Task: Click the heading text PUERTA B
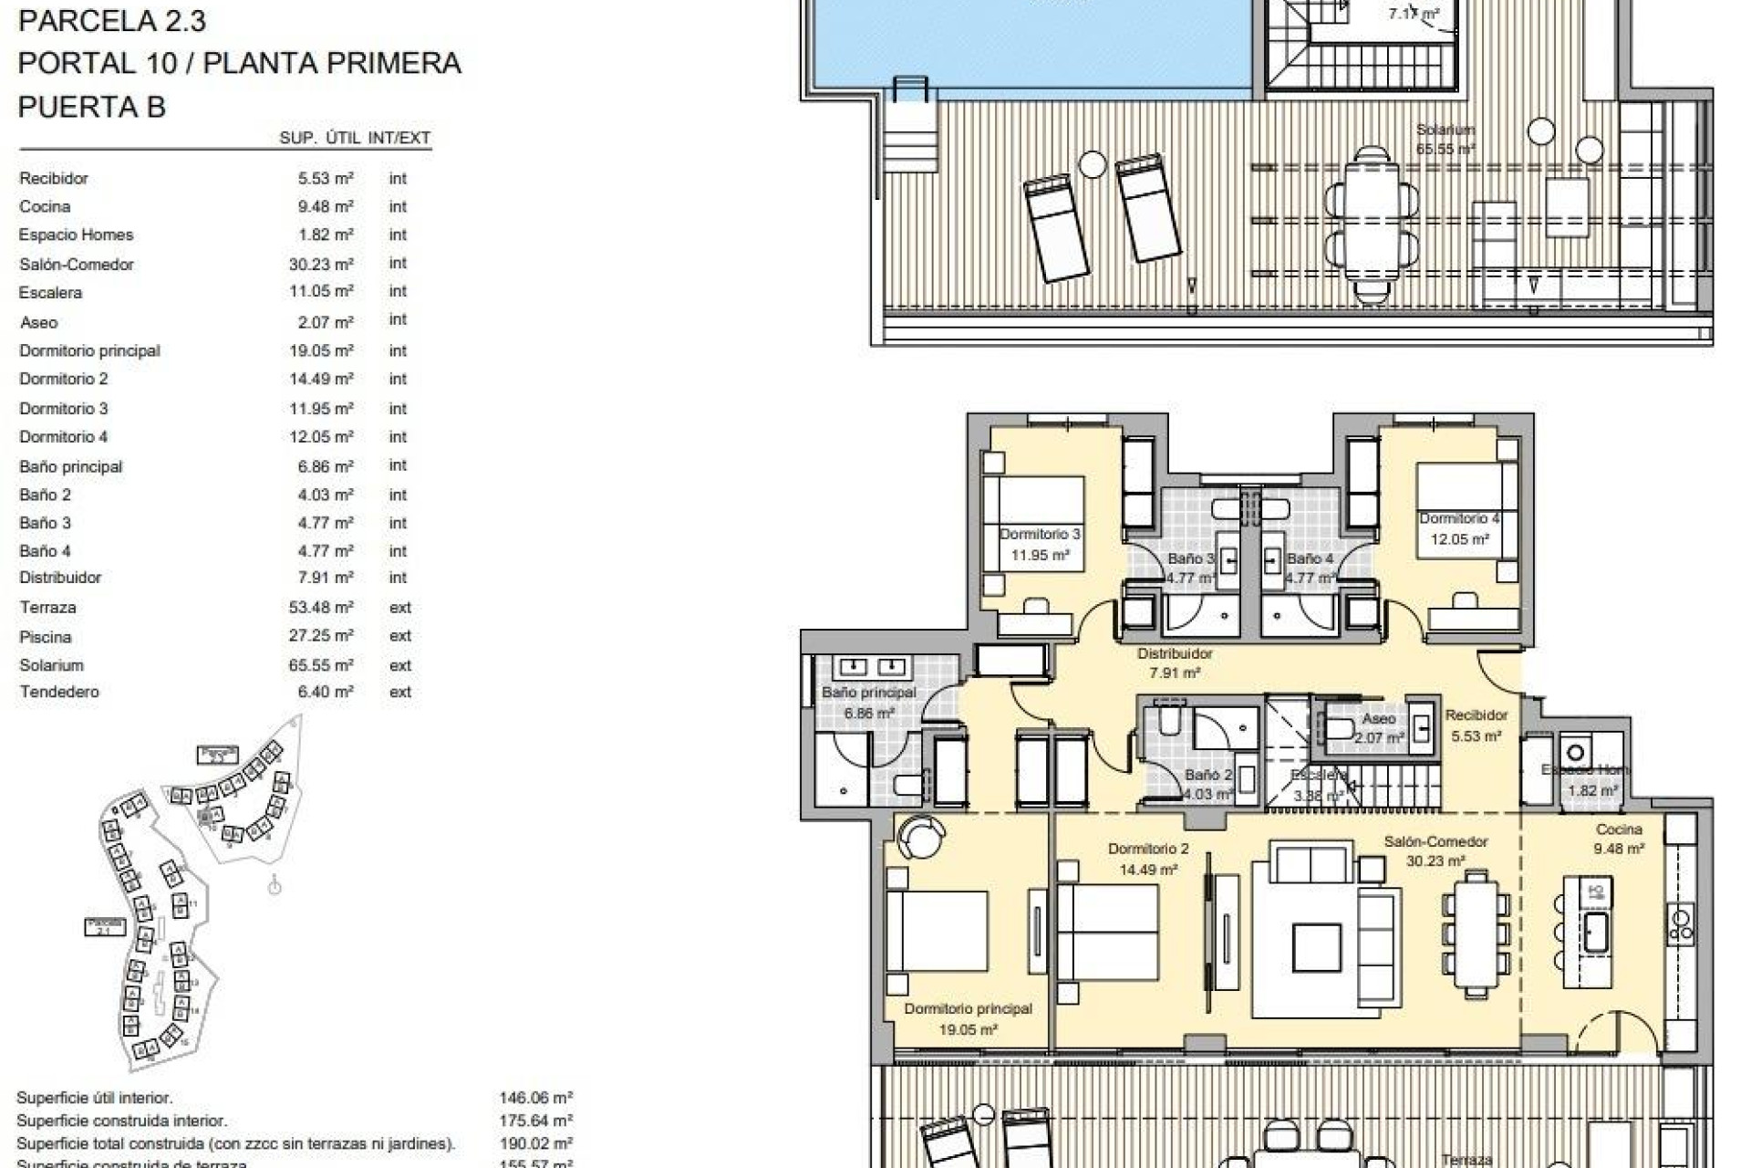92,107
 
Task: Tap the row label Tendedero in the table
59,692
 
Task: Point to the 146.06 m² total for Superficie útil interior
535,1098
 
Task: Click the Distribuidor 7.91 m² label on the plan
1175,663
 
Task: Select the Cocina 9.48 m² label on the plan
1619,839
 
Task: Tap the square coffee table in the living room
1316,947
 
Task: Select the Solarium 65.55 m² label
1445,139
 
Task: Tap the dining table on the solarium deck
1372,223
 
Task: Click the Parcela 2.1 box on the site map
105,926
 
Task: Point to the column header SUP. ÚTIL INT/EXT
355,138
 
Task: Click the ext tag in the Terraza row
400,608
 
